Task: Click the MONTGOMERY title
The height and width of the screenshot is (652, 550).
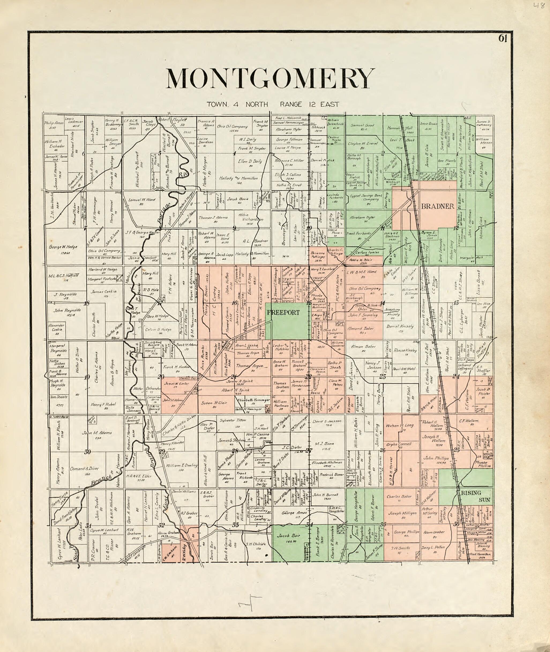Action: coord(270,78)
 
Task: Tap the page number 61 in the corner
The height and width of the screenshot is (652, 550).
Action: coord(503,38)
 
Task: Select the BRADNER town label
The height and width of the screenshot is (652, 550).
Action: coord(437,206)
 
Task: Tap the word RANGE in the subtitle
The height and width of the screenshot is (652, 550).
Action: coord(291,105)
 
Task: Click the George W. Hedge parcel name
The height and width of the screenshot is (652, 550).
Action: coord(63,247)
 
